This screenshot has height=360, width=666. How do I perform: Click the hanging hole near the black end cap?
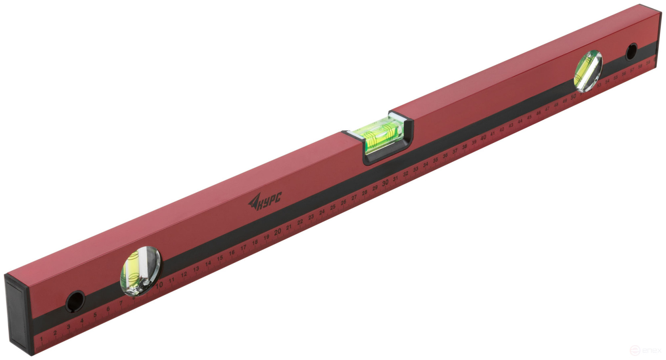point(75,301)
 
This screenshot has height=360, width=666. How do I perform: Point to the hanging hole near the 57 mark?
point(631,52)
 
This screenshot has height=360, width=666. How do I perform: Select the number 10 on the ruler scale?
point(159,285)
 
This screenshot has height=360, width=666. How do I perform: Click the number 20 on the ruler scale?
point(278,232)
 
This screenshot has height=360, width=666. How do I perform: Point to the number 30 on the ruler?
point(385,183)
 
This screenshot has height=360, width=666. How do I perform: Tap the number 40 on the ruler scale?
point(483,137)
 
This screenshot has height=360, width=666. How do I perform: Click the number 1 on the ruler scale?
point(42,339)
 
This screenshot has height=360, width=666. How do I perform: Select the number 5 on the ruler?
point(95,315)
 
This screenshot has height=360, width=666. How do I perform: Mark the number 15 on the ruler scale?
point(220,258)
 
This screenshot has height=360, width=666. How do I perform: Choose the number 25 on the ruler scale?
point(333,207)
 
